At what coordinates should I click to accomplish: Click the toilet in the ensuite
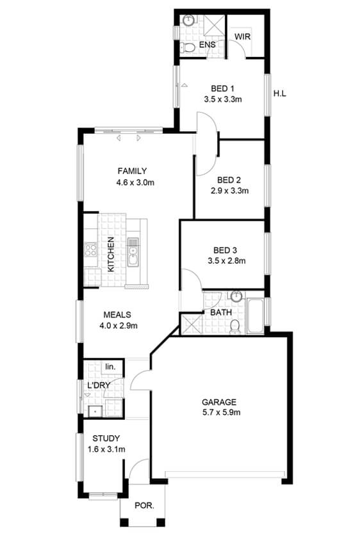pyautogui.click(x=188, y=47)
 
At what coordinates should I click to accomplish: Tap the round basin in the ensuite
pyautogui.click(x=188, y=20)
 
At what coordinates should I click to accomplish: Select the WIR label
pyautogui.click(x=242, y=36)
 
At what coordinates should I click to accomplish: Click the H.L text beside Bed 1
pyautogui.click(x=280, y=93)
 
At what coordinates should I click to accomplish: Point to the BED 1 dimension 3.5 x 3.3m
pyautogui.click(x=223, y=99)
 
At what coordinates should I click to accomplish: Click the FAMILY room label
pyautogui.click(x=132, y=171)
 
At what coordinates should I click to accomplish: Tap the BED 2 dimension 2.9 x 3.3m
pyautogui.click(x=229, y=191)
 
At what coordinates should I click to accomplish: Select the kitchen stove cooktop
pyautogui.click(x=91, y=249)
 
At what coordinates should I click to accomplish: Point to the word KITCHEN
pyautogui.click(x=111, y=255)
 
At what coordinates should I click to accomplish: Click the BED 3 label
pyautogui.click(x=225, y=250)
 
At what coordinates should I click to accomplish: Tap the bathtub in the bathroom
pyautogui.click(x=256, y=316)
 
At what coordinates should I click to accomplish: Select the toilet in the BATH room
pyautogui.click(x=235, y=326)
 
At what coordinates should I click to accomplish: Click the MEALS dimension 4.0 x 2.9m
pyautogui.click(x=119, y=325)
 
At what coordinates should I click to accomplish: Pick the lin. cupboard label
pyautogui.click(x=110, y=367)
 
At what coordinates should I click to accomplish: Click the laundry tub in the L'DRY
pyautogui.click(x=95, y=411)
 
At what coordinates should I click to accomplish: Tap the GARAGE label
pyautogui.click(x=218, y=402)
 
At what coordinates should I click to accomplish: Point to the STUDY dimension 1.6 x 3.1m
pyautogui.click(x=106, y=449)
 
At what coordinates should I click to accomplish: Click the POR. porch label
pyautogui.click(x=144, y=505)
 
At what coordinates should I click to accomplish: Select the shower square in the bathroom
pyautogui.click(x=192, y=324)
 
